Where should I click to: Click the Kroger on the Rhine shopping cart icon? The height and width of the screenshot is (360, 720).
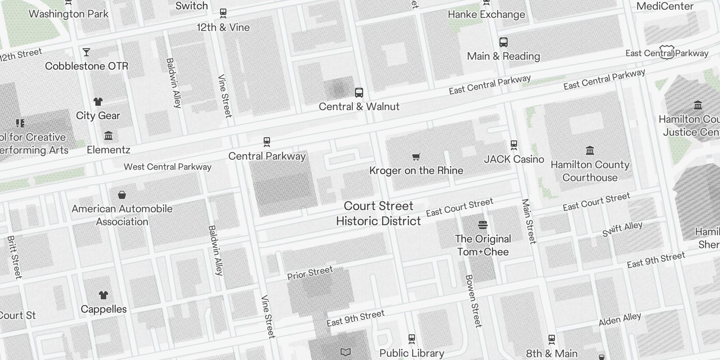tap(416, 157)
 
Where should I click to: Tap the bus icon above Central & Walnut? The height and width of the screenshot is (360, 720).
tap(359, 93)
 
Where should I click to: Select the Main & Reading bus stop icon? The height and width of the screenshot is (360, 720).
tap(504, 42)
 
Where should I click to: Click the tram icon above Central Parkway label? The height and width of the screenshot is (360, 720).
tap(267, 142)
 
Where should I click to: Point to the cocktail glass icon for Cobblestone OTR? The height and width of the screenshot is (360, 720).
tap(86, 52)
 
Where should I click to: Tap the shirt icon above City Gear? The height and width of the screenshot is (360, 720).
tap(98, 102)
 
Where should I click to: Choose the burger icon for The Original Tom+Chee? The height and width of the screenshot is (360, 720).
tap(483, 225)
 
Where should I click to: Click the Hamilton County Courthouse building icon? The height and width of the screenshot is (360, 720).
tap(589, 150)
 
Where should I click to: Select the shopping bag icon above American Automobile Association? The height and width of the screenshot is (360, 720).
tap(121, 195)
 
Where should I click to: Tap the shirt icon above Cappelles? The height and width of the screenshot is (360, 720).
tap(103, 295)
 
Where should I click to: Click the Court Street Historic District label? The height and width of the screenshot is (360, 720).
tap(378, 213)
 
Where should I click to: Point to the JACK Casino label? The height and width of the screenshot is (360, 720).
tap(514, 159)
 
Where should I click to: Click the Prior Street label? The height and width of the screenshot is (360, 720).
tap(310, 273)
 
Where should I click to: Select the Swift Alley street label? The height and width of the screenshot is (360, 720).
tap(622, 229)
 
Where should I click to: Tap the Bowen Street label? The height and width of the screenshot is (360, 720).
tap(473, 301)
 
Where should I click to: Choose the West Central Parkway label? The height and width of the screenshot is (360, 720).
tap(167, 167)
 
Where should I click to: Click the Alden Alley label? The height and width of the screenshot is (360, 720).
tap(620, 319)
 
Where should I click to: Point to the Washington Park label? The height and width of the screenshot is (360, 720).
tap(68, 14)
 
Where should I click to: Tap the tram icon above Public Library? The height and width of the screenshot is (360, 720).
tap(411, 338)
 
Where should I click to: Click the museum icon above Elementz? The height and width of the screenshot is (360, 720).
tap(108, 135)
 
